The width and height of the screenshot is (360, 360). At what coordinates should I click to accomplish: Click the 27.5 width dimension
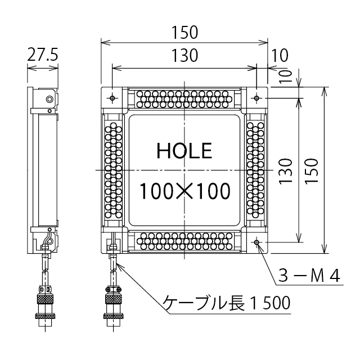click(x=43, y=55)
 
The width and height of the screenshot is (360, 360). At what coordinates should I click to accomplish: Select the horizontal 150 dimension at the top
click(x=184, y=33)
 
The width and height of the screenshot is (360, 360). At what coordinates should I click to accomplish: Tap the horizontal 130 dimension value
click(x=184, y=55)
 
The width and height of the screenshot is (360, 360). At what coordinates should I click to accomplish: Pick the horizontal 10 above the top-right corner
click(x=279, y=55)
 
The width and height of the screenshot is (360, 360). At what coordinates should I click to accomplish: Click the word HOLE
click(x=184, y=150)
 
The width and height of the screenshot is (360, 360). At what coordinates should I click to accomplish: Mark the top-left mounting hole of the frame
click(x=113, y=98)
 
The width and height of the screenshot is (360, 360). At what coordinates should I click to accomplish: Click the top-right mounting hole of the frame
click(x=256, y=98)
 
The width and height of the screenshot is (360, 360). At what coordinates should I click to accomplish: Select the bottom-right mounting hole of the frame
click(x=256, y=242)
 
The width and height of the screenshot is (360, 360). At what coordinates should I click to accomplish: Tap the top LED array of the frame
click(x=184, y=98)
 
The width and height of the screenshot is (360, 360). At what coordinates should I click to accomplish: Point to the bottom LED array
click(x=184, y=242)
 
